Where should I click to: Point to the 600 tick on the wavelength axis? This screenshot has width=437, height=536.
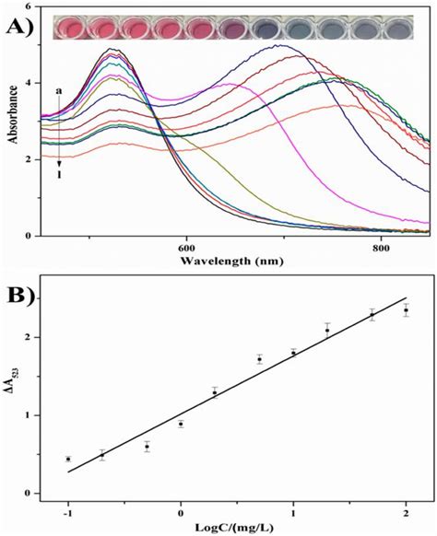[185, 246]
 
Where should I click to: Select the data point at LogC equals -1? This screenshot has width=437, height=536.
[68, 459]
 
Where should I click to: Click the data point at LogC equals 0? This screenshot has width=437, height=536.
[181, 424]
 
